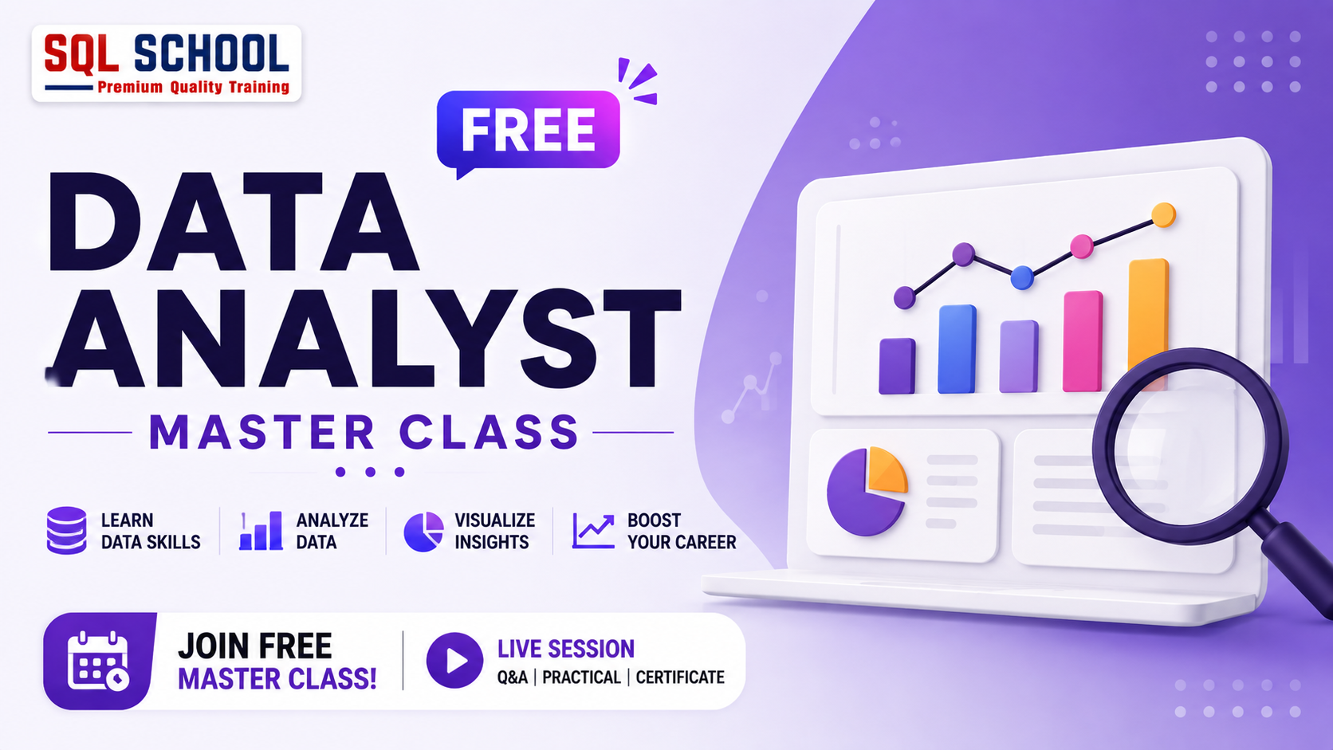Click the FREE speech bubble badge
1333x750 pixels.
tap(529, 131)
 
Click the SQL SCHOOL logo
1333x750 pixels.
tap(167, 64)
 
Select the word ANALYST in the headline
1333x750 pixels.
tap(364, 338)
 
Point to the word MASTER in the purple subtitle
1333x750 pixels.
tap(261, 433)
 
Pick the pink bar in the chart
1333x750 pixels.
tap(1083, 341)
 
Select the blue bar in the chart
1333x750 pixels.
tap(957, 349)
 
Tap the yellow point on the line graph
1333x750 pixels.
tap(1163, 214)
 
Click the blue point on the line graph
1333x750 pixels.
tap(1022, 277)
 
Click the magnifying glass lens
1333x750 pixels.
tap(1189, 446)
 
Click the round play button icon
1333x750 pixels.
tap(454, 660)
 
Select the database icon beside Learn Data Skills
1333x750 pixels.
tap(67, 531)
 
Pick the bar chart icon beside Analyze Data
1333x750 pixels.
tap(261, 531)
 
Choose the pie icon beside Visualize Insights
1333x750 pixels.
tap(423, 531)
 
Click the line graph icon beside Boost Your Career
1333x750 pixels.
tap(593, 531)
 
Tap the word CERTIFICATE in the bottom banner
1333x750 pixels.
tap(680, 677)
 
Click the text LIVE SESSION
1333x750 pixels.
tap(566, 649)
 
